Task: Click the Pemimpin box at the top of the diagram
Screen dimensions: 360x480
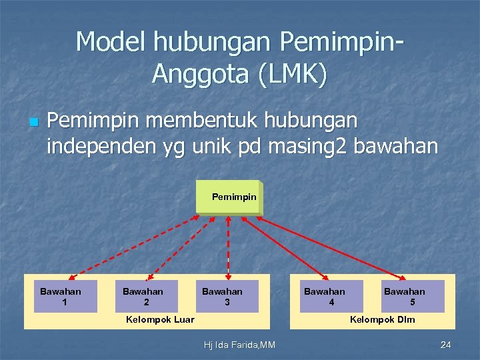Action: pos(229,197)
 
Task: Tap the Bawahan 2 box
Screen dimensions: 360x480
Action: pos(143,297)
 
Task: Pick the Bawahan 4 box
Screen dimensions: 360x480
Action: pos(325,297)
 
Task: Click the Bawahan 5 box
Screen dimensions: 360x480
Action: pos(412,297)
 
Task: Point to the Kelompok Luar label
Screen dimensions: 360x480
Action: pos(160,320)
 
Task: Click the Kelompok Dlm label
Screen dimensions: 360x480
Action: pos(382,320)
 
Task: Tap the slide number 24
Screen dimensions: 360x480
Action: pos(446,345)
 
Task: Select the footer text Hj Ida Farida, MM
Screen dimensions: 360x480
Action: pos(239,345)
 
